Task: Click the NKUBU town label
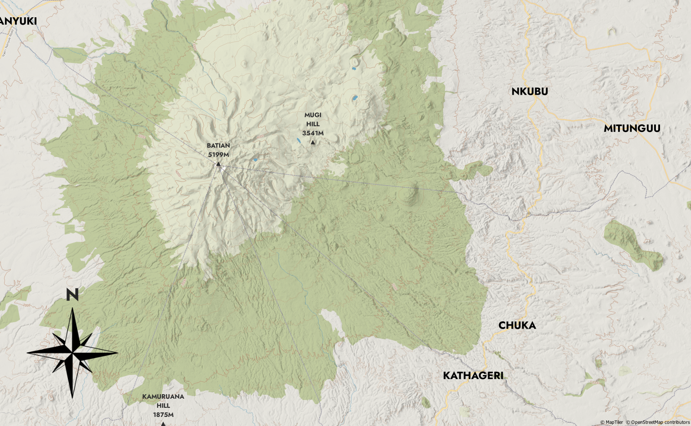pyautogui.click(x=530, y=91)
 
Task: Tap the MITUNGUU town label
pyautogui.click(x=632, y=128)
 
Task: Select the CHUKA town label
pyautogui.click(x=517, y=325)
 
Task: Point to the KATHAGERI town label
pyautogui.click(x=473, y=375)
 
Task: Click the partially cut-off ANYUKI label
pyautogui.click(x=18, y=21)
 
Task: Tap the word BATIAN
pyautogui.click(x=218, y=146)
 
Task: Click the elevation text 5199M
pyautogui.click(x=218, y=155)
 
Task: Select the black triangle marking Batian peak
pyautogui.click(x=218, y=164)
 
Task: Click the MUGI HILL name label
pyautogui.click(x=313, y=119)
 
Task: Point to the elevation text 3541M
pyautogui.click(x=313, y=133)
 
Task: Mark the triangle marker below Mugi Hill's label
pyautogui.click(x=313, y=142)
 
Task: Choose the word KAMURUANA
pyautogui.click(x=163, y=396)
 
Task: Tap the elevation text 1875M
pyautogui.click(x=163, y=415)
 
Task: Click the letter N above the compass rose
pyautogui.click(x=72, y=295)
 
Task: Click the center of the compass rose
pyautogui.click(x=72, y=352)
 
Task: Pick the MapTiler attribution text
pyautogui.click(x=612, y=422)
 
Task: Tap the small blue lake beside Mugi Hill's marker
pyautogui.click(x=298, y=141)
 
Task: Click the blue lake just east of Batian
pyautogui.click(x=255, y=160)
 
